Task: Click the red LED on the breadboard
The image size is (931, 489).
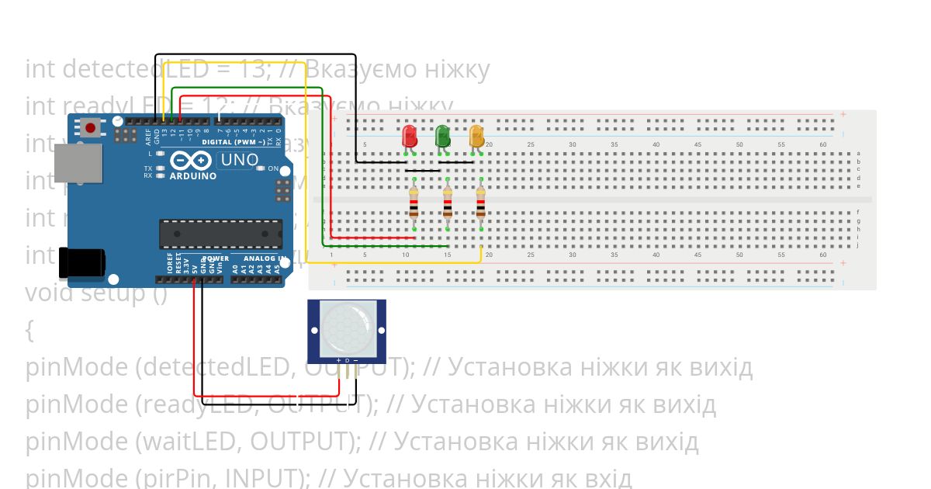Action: pyautogui.click(x=409, y=137)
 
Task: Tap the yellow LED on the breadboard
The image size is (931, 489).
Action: pyautogui.click(x=476, y=137)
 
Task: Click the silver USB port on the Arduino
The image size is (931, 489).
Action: pyautogui.click(x=78, y=163)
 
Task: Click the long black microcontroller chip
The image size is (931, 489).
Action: pyautogui.click(x=220, y=234)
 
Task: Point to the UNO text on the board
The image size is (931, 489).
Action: pyautogui.click(x=240, y=160)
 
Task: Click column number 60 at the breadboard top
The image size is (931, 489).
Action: pyautogui.click(x=823, y=144)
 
